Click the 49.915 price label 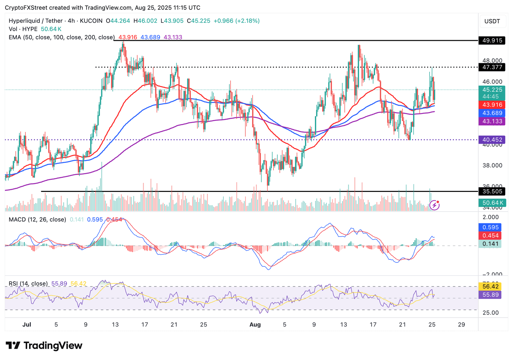(x=492, y=40)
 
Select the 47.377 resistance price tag (x=492, y=67)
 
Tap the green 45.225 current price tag (x=492, y=90)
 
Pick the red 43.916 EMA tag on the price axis (x=492, y=105)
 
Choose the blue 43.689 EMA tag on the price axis (x=492, y=113)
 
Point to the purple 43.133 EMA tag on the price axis (x=492, y=121)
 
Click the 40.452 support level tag (x=492, y=140)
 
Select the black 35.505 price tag (x=492, y=192)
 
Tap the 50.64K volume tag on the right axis (x=492, y=203)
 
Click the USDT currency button (x=492, y=21)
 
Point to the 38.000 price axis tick (x=492, y=165)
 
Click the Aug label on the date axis (x=255, y=325)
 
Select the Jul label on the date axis (x=27, y=325)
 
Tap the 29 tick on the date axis (x=461, y=325)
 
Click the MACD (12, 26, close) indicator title (x=37, y=220)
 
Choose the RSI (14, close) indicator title (x=28, y=284)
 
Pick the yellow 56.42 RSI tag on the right (x=490, y=286)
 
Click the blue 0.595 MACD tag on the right (x=490, y=227)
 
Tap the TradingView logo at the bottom (x=44, y=345)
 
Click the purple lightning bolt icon (x=434, y=205)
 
